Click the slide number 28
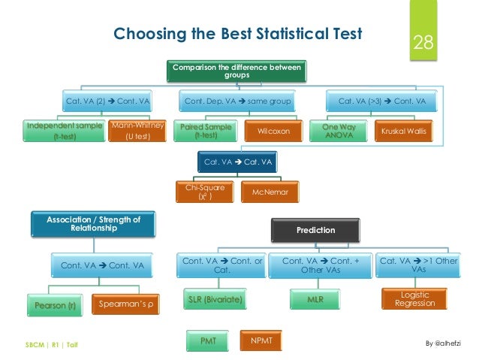[423, 43]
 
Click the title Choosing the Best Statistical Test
[236, 34]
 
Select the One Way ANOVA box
[339, 132]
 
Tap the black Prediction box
[315, 230]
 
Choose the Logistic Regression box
[414, 298]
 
